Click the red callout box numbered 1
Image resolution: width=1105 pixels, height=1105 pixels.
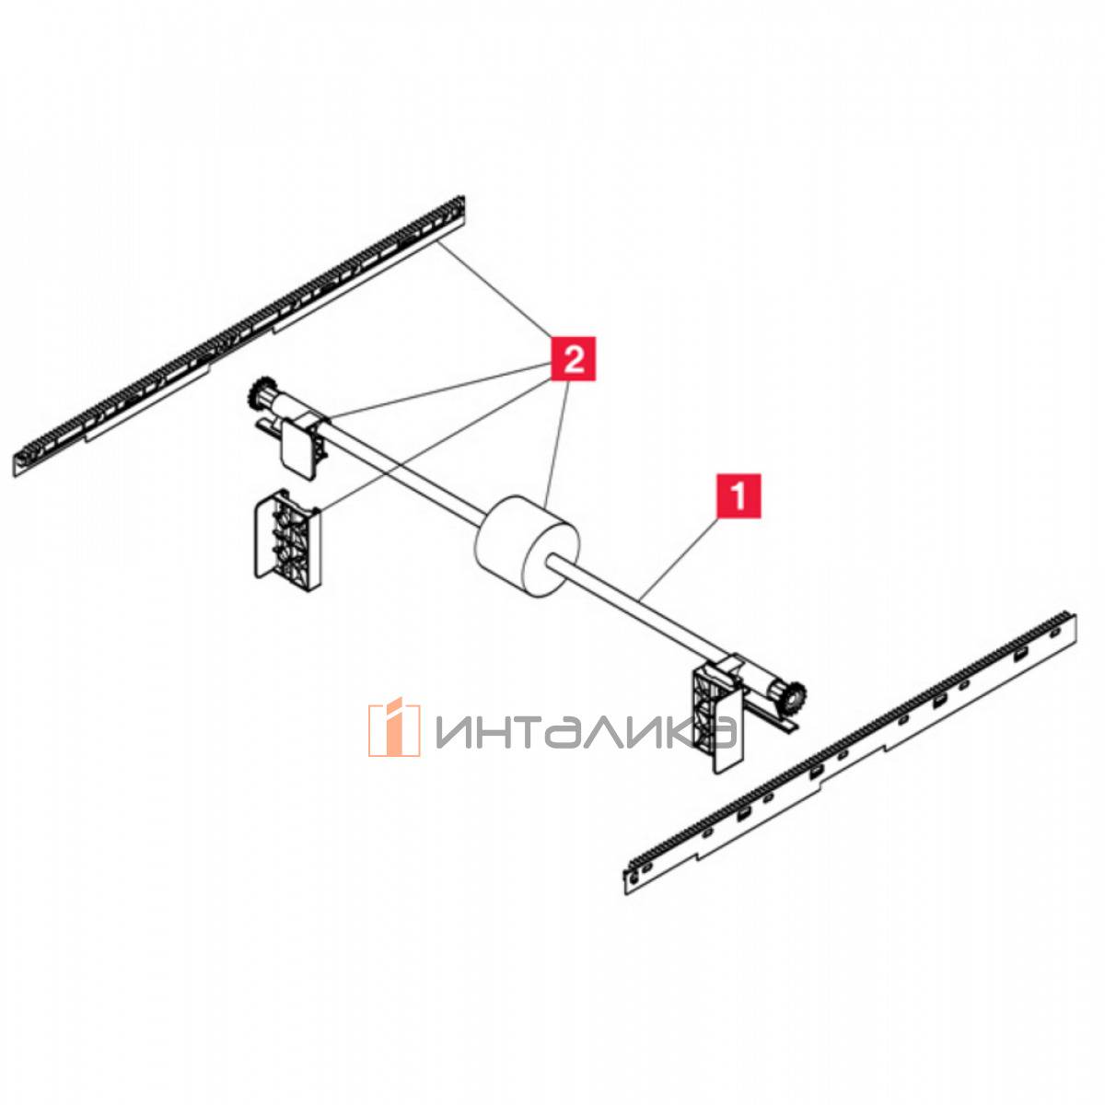[x=739, y=495]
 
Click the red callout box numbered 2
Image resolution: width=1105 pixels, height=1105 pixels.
[x=574, y=359]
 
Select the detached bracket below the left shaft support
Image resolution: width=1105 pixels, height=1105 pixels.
[x=286, y=541]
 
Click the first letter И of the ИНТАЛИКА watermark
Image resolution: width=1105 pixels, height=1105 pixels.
[x=455, y=733]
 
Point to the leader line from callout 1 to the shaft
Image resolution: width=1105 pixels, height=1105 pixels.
[x=680, y=554]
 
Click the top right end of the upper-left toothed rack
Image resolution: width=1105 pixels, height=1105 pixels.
[x=463, y=200]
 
